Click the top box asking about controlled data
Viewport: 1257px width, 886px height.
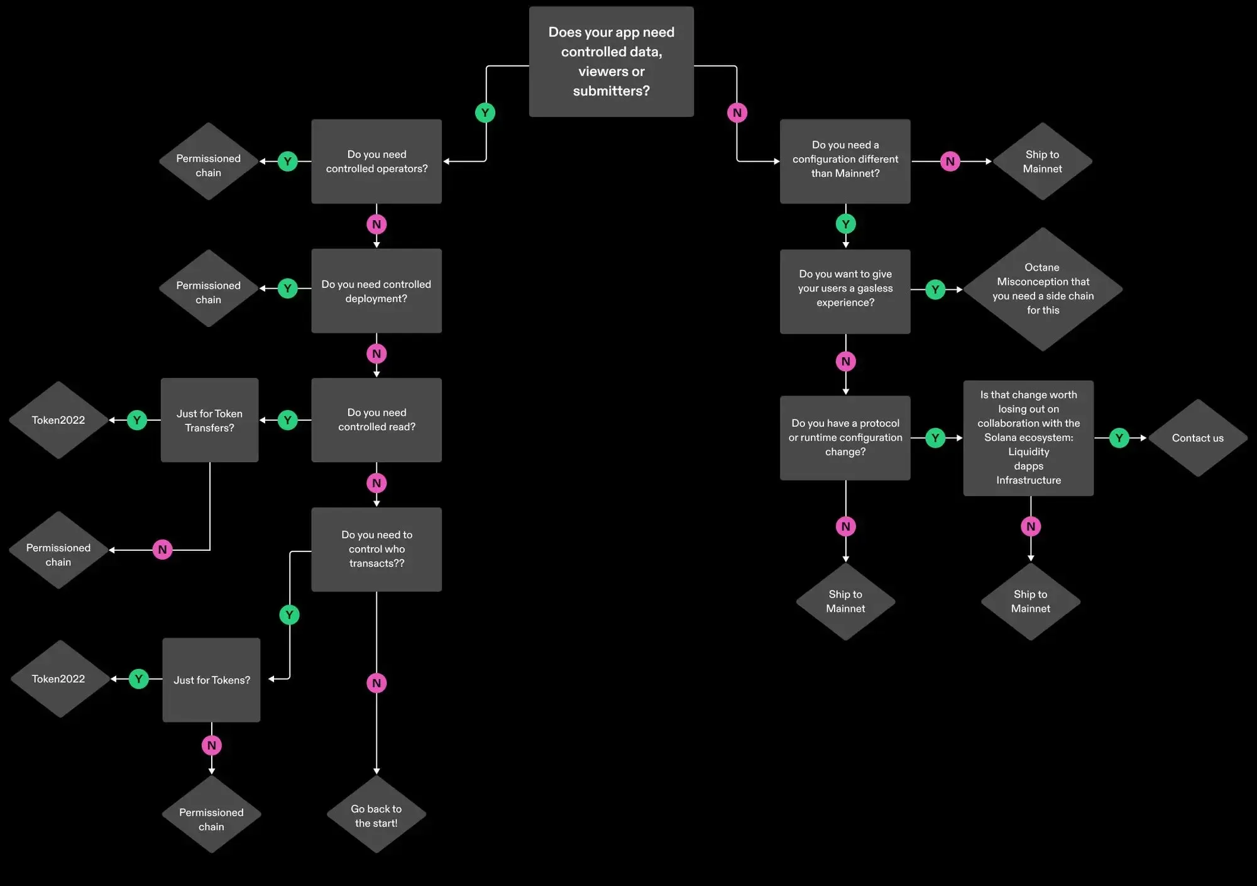click(x=611, y=62)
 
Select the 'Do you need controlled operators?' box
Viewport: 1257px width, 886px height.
click(x=376, y=162)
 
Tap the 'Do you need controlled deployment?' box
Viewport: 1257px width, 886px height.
click(x=376, y=291)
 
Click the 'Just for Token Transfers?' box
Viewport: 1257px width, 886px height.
click(x=209, y=420)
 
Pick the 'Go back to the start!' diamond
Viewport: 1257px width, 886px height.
click(x=376, y=815)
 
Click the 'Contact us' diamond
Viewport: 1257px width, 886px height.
click(x=1197, y=438)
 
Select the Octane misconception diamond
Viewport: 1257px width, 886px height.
click(x=1043, y=289)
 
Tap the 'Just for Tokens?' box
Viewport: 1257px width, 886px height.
click(x=211, y=680)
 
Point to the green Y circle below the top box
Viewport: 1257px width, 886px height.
click(x=485, y=113)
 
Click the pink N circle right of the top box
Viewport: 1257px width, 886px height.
click(x=737, y=113)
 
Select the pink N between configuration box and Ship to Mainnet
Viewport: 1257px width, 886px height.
click(x=950, y=162)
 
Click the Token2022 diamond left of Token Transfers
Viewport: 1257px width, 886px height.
click(x=58, y=420)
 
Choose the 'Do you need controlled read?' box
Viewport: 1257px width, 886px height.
click(x=376, y=420)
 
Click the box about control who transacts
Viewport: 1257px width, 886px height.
click(x=376, y=550)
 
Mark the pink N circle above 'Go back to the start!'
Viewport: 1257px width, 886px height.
click(x=376, y=683)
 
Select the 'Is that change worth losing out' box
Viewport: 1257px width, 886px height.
click(x=1028, y=438)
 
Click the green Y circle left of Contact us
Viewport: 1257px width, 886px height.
click(x=1119, y=438)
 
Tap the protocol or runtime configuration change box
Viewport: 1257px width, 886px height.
click(x=845, y=438)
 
